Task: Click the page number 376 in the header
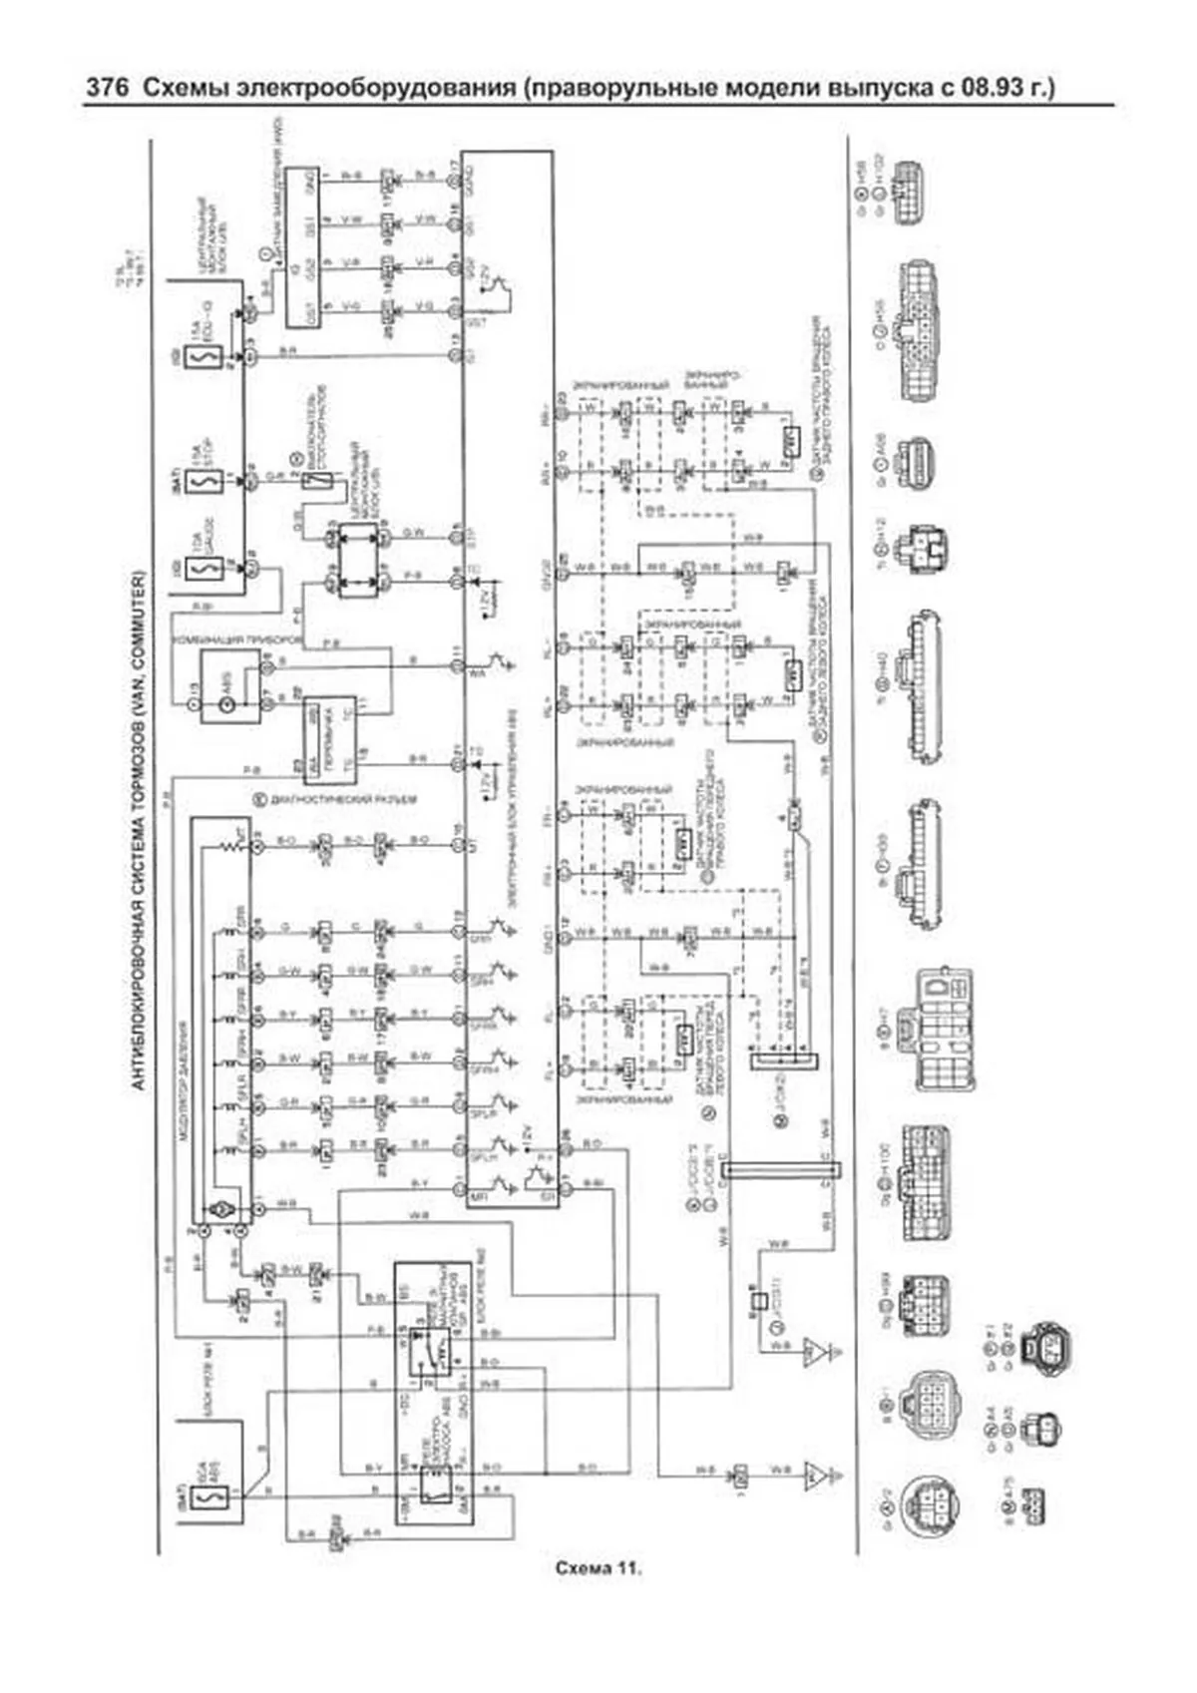pyautogui.click(x=107, y=88)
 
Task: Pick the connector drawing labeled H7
pyautogui.click(x=944, y=1028)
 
